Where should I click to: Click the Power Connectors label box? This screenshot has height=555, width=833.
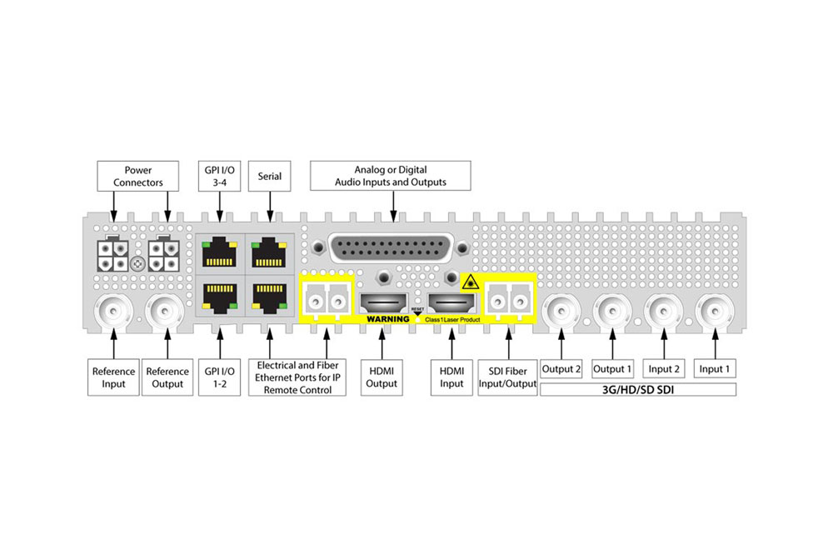tap(138, 176)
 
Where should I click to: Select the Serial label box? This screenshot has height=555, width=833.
tap(270, 176)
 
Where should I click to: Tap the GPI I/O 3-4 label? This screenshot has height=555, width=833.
tap(217, 176)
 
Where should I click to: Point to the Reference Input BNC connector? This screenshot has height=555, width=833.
tap(113, 312)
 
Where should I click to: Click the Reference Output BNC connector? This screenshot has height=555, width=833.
tap(167, 312)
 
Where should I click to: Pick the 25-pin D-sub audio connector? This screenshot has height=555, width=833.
tap(390, 251)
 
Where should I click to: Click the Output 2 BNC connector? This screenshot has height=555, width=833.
tap(561, 312)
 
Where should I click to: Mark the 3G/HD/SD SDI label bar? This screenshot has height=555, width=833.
tap(638, 389)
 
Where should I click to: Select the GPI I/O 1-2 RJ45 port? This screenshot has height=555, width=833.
tap(217, 296)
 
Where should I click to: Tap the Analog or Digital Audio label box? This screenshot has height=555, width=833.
tap(390, 176)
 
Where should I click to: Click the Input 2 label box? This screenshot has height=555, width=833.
tap(665, 368)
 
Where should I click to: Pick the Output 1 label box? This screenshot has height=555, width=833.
tap(613, 368)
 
